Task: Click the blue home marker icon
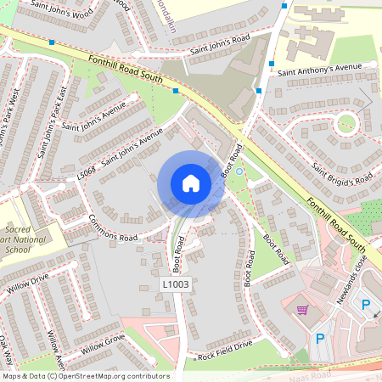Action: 191,183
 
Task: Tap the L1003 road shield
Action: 175,284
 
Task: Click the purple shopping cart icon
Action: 302,310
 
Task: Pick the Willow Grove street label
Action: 103,344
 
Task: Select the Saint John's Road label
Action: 220,44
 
